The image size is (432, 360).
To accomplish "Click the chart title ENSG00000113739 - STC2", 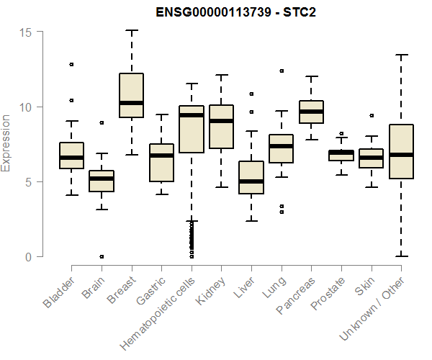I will click(x=236, y=12).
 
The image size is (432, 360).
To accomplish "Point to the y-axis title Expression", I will click(x=6, y=143).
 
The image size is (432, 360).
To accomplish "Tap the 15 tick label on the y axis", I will click(x=26, y=32).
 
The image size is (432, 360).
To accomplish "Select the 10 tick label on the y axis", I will click(x=26, y=107).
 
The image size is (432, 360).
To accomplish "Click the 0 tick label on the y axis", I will click(x=29, y=256).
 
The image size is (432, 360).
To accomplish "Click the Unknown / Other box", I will click(x=401, y=151).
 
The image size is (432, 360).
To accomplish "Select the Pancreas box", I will click(x=311, y=112).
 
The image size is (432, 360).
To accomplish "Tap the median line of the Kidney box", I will click(x=221, y=121).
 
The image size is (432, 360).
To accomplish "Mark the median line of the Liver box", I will click(x=251, y=181).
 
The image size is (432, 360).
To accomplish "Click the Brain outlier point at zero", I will click(x=102, y=256).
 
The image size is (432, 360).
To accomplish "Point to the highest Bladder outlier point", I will click(x=71, y=64).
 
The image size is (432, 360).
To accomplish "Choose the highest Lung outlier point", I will click(x=282, y=71).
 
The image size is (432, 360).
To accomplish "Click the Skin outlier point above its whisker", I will click(x=372, y=115).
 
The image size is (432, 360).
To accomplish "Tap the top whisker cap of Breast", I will click(x=132, y=31).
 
